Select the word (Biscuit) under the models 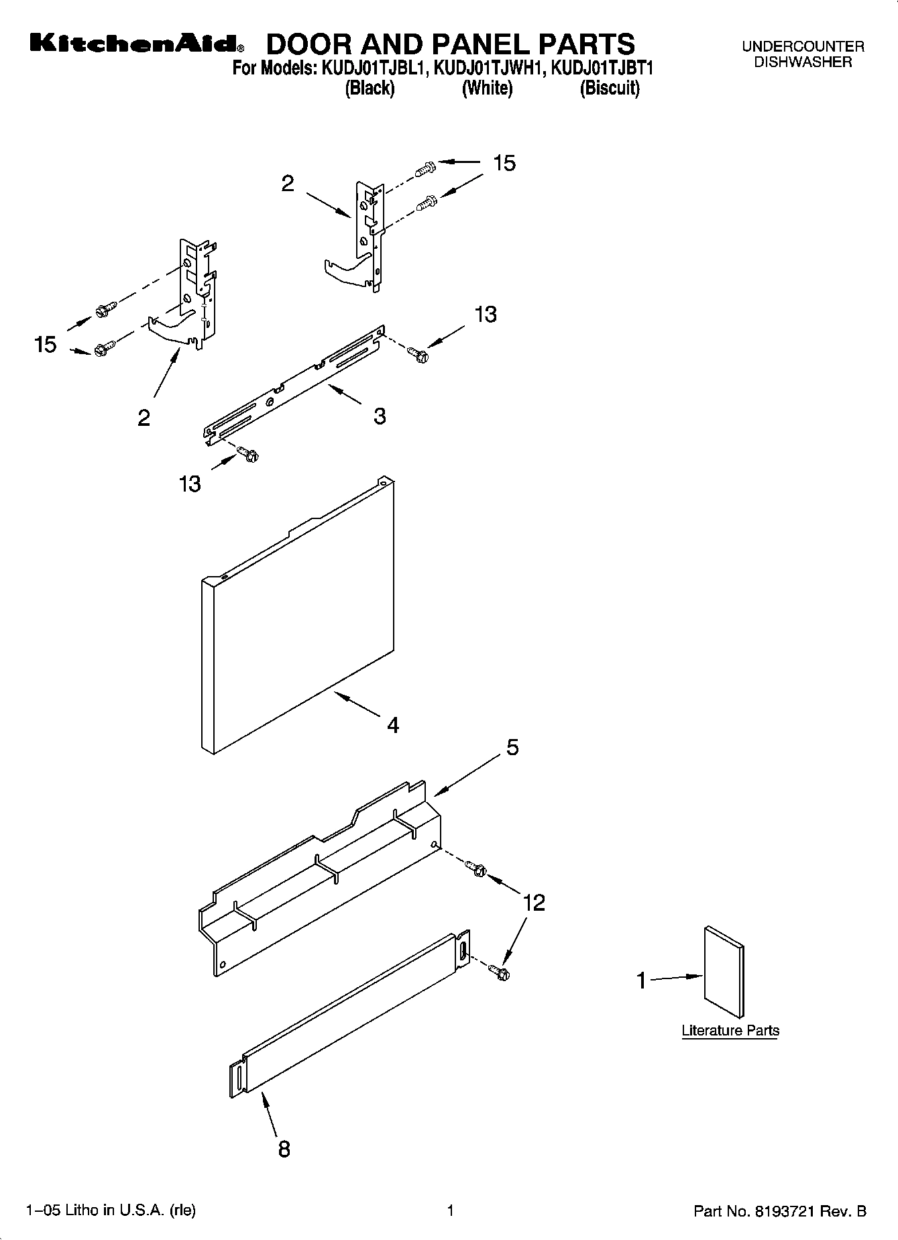coord(609,89)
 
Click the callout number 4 coord(393,724)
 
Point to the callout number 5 coord(512,747)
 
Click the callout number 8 coord(284,1149)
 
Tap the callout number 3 coord(380,416)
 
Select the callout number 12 coord(534,903)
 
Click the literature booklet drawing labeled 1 coord(724,972)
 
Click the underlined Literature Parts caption coord(730,1030)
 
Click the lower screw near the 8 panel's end coord(499,971)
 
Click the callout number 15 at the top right coord(504,163)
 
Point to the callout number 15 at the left coord(45,345)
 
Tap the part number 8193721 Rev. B coord(780,1211)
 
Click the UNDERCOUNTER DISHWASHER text coord(803,54)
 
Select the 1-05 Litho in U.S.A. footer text coord(111,1210)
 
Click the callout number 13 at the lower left coord(190,483)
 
